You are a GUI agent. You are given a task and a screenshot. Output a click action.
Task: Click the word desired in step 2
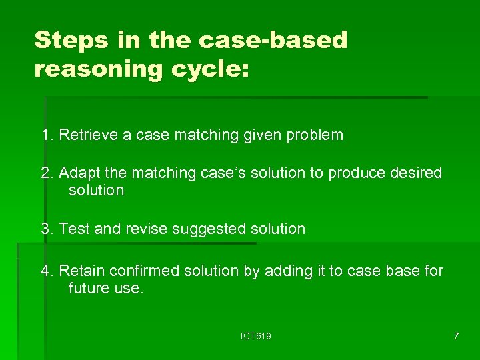click(x=415, y=173)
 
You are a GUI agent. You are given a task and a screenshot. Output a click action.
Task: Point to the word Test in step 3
click(x=74, y=229)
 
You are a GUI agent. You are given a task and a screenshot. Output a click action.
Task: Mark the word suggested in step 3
click(x=209, y=229)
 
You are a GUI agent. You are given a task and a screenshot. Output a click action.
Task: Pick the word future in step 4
click(x=87, y=289)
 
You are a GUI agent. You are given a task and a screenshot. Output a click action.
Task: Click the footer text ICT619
click(x=256, y=337)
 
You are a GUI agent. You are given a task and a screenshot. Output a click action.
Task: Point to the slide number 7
click(x=456, y=337)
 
